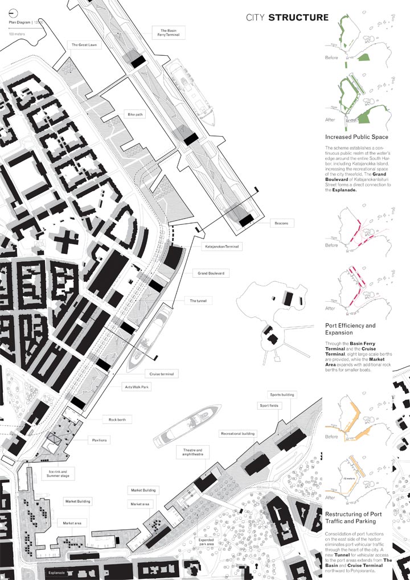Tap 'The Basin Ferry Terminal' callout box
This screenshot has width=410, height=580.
click(170, 33)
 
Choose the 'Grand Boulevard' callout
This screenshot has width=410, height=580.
click(211, 274)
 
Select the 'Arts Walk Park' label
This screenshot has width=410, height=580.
click(137, 386)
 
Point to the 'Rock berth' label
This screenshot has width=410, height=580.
click(117, 419)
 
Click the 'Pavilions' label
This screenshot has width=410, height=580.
click(100, 440)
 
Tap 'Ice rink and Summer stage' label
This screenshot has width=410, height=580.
click(58, 474)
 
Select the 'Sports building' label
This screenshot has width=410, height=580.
click(281, 394)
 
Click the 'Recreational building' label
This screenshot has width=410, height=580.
click(238, 434)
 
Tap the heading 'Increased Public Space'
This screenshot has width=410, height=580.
click(356, 137)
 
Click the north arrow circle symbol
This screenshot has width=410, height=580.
click(13, 15)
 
